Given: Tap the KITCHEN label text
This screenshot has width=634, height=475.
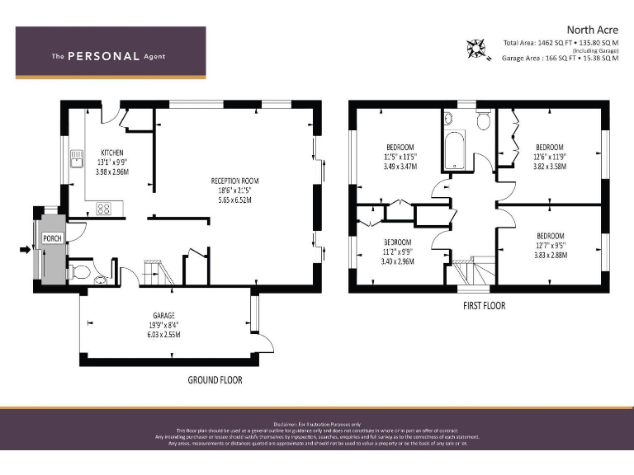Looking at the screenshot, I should (112, 153).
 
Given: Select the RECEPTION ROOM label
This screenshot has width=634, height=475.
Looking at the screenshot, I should (234, 181).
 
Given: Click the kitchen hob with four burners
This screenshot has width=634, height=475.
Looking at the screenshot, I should (104, 209).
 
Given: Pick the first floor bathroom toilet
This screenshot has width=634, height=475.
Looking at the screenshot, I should (484, 121).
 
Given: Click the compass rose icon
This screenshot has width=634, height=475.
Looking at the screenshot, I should (477, 47).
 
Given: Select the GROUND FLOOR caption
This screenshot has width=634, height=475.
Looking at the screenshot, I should (215, 380).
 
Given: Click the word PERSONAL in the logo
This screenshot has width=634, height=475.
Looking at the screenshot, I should (102, 56).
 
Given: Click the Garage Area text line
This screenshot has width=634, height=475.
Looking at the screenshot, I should (560, 59).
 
